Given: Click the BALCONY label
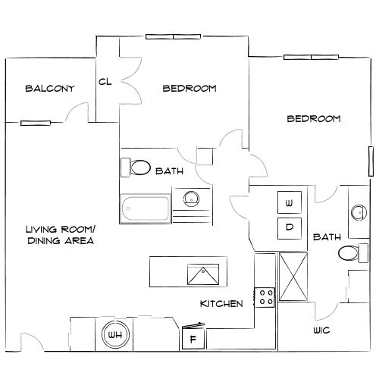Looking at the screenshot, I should click(x=50, y=89).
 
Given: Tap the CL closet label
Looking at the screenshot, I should click(x=105, y=82).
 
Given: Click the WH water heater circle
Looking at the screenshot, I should click(x=115, y=334).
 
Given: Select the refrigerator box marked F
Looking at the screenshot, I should click(x=193, y=339).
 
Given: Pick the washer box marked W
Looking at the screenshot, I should click(x=289, y=203).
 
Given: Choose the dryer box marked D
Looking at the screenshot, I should click(x=289, y=227).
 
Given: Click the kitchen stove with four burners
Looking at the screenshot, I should click(x=265, y=296).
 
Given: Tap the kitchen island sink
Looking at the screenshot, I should click(x=204, y=272).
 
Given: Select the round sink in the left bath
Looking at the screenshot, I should click(x=192, y=199).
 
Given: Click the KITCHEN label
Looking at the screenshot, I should click(x=221, y=304).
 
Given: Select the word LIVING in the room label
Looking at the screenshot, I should click(x=43, y=229).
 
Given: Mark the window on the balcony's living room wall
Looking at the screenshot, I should click(x=36, y=121).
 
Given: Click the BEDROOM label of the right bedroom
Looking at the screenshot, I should click(x=313, y=119).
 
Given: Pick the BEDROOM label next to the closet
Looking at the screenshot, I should click(x=189, y=89).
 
